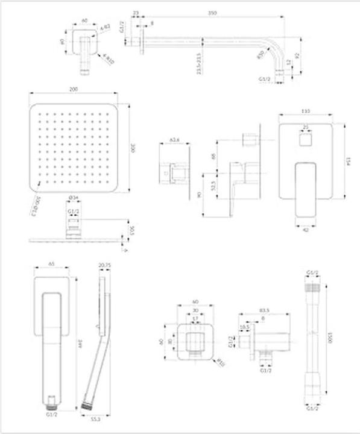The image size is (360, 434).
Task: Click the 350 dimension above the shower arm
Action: coord(210,13)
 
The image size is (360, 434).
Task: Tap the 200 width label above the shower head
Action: coord(74,89)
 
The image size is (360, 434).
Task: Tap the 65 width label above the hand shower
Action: coord(51,265)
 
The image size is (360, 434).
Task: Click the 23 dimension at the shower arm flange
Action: coord(135,13)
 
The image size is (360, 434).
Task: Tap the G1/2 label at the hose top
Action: coord(312,273)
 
